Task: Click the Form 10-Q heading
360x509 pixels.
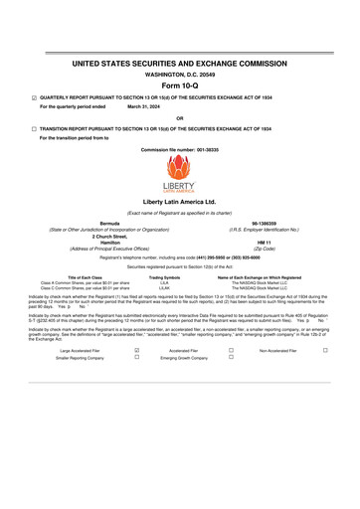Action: point(179,85)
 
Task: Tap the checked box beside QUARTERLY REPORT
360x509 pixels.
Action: point(34,98)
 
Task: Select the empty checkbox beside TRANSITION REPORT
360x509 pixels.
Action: point(34,129)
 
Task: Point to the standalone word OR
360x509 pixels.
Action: point(179,118)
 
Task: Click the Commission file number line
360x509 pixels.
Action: point(179,149)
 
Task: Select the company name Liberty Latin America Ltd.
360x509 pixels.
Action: point(179,201)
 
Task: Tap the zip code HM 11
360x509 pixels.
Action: point(264,241)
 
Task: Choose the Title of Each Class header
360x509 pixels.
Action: point(73,277)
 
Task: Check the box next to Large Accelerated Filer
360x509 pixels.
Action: point(136,351)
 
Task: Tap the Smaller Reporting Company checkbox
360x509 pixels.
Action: point(136,357)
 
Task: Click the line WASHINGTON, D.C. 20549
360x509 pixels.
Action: point(179,74)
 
